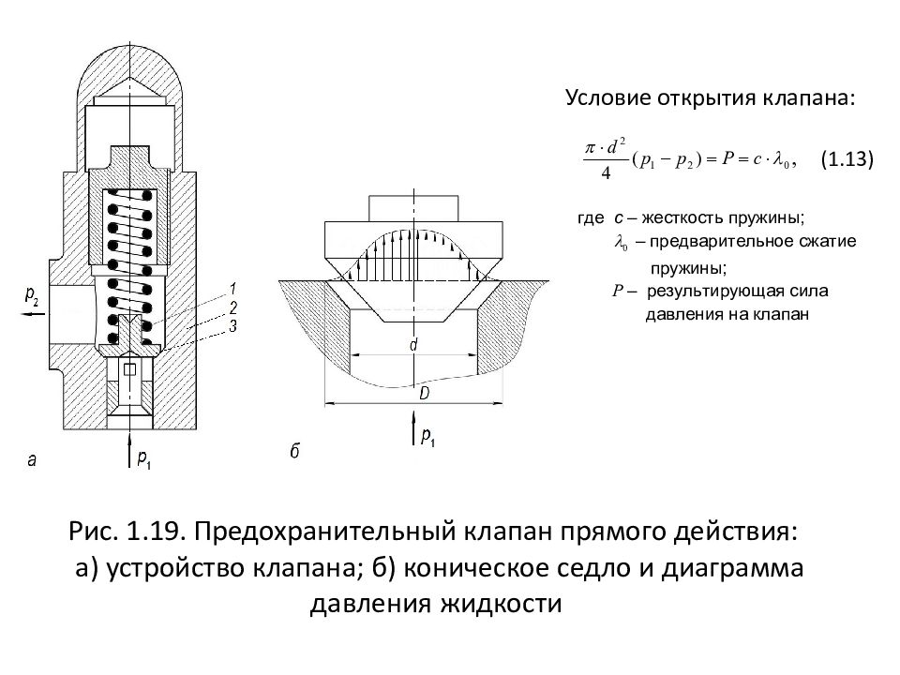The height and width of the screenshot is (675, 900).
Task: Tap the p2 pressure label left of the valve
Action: click(32, 297)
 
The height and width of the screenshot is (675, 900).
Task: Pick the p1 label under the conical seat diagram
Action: click(428, 437)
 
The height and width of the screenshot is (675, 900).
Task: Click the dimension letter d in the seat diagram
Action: click(413, 345)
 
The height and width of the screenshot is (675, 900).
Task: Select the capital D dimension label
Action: click(424, 395)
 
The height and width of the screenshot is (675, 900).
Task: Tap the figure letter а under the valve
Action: click(32, 460)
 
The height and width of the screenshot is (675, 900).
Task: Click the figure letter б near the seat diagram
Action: click(293, 452)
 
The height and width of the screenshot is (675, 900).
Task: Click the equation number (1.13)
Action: click(847, 160)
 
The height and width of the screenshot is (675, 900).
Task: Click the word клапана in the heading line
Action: click(815, 99)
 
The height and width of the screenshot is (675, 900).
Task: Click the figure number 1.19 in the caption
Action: click(153, 533)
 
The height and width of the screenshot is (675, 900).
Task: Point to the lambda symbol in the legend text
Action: click(620, 243)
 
